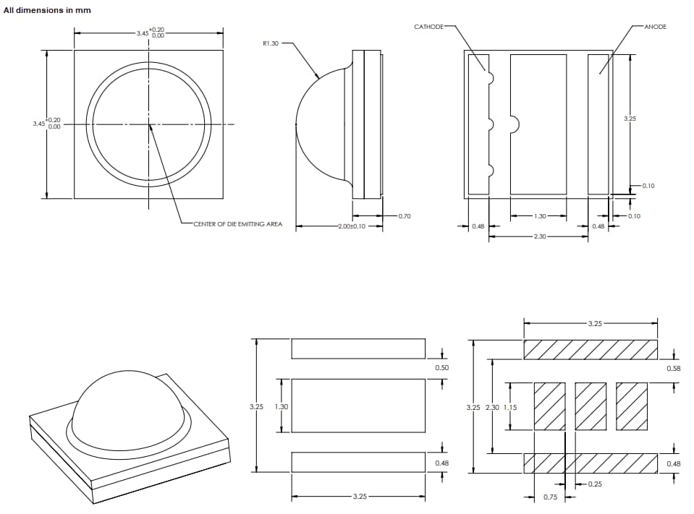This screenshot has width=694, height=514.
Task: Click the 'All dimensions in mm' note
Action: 47,10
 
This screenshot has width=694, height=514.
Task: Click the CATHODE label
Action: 428,27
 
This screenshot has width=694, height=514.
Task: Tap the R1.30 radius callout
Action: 270,43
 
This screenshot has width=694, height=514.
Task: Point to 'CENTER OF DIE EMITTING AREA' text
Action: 237,224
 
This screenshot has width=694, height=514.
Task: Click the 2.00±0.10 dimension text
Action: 351,226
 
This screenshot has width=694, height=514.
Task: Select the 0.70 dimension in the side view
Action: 404,216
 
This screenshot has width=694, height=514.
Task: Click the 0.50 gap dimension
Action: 441,368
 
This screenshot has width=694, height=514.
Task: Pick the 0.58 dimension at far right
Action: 673,369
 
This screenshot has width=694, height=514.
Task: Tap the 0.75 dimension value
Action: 550,497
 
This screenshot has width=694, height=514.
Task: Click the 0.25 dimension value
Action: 595,484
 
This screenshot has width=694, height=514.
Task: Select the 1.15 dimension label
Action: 510,407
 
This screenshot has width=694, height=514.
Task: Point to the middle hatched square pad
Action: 590,406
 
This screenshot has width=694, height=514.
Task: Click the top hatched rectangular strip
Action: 591,349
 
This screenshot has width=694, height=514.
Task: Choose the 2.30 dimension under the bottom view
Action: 539,237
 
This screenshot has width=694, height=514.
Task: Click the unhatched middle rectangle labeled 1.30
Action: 358,406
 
